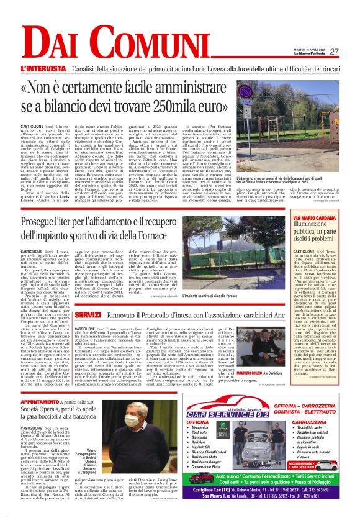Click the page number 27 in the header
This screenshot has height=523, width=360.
tap(333, 52)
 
